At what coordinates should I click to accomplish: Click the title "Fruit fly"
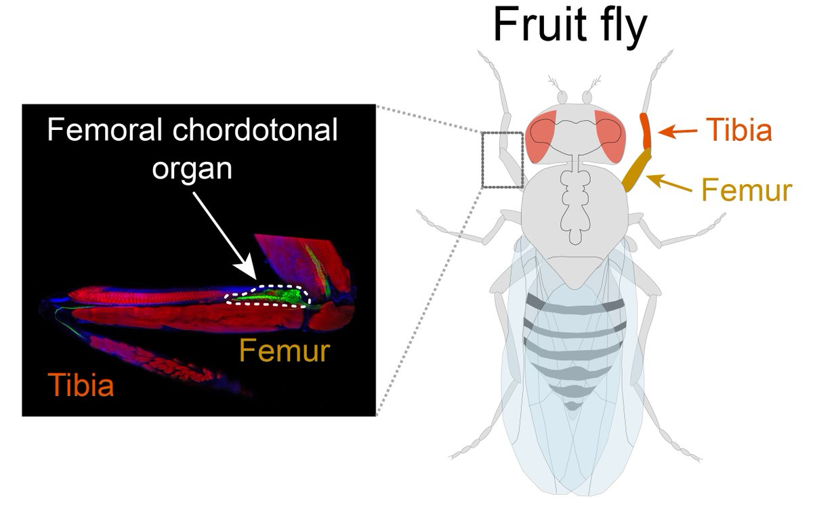pos(570,26)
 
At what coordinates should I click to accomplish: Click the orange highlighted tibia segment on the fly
pos(646,132)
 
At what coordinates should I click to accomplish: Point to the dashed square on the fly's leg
pos(502,159)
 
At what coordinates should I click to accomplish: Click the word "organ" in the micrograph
pos(191,168)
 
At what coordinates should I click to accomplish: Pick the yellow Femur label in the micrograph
pos(285,351)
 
